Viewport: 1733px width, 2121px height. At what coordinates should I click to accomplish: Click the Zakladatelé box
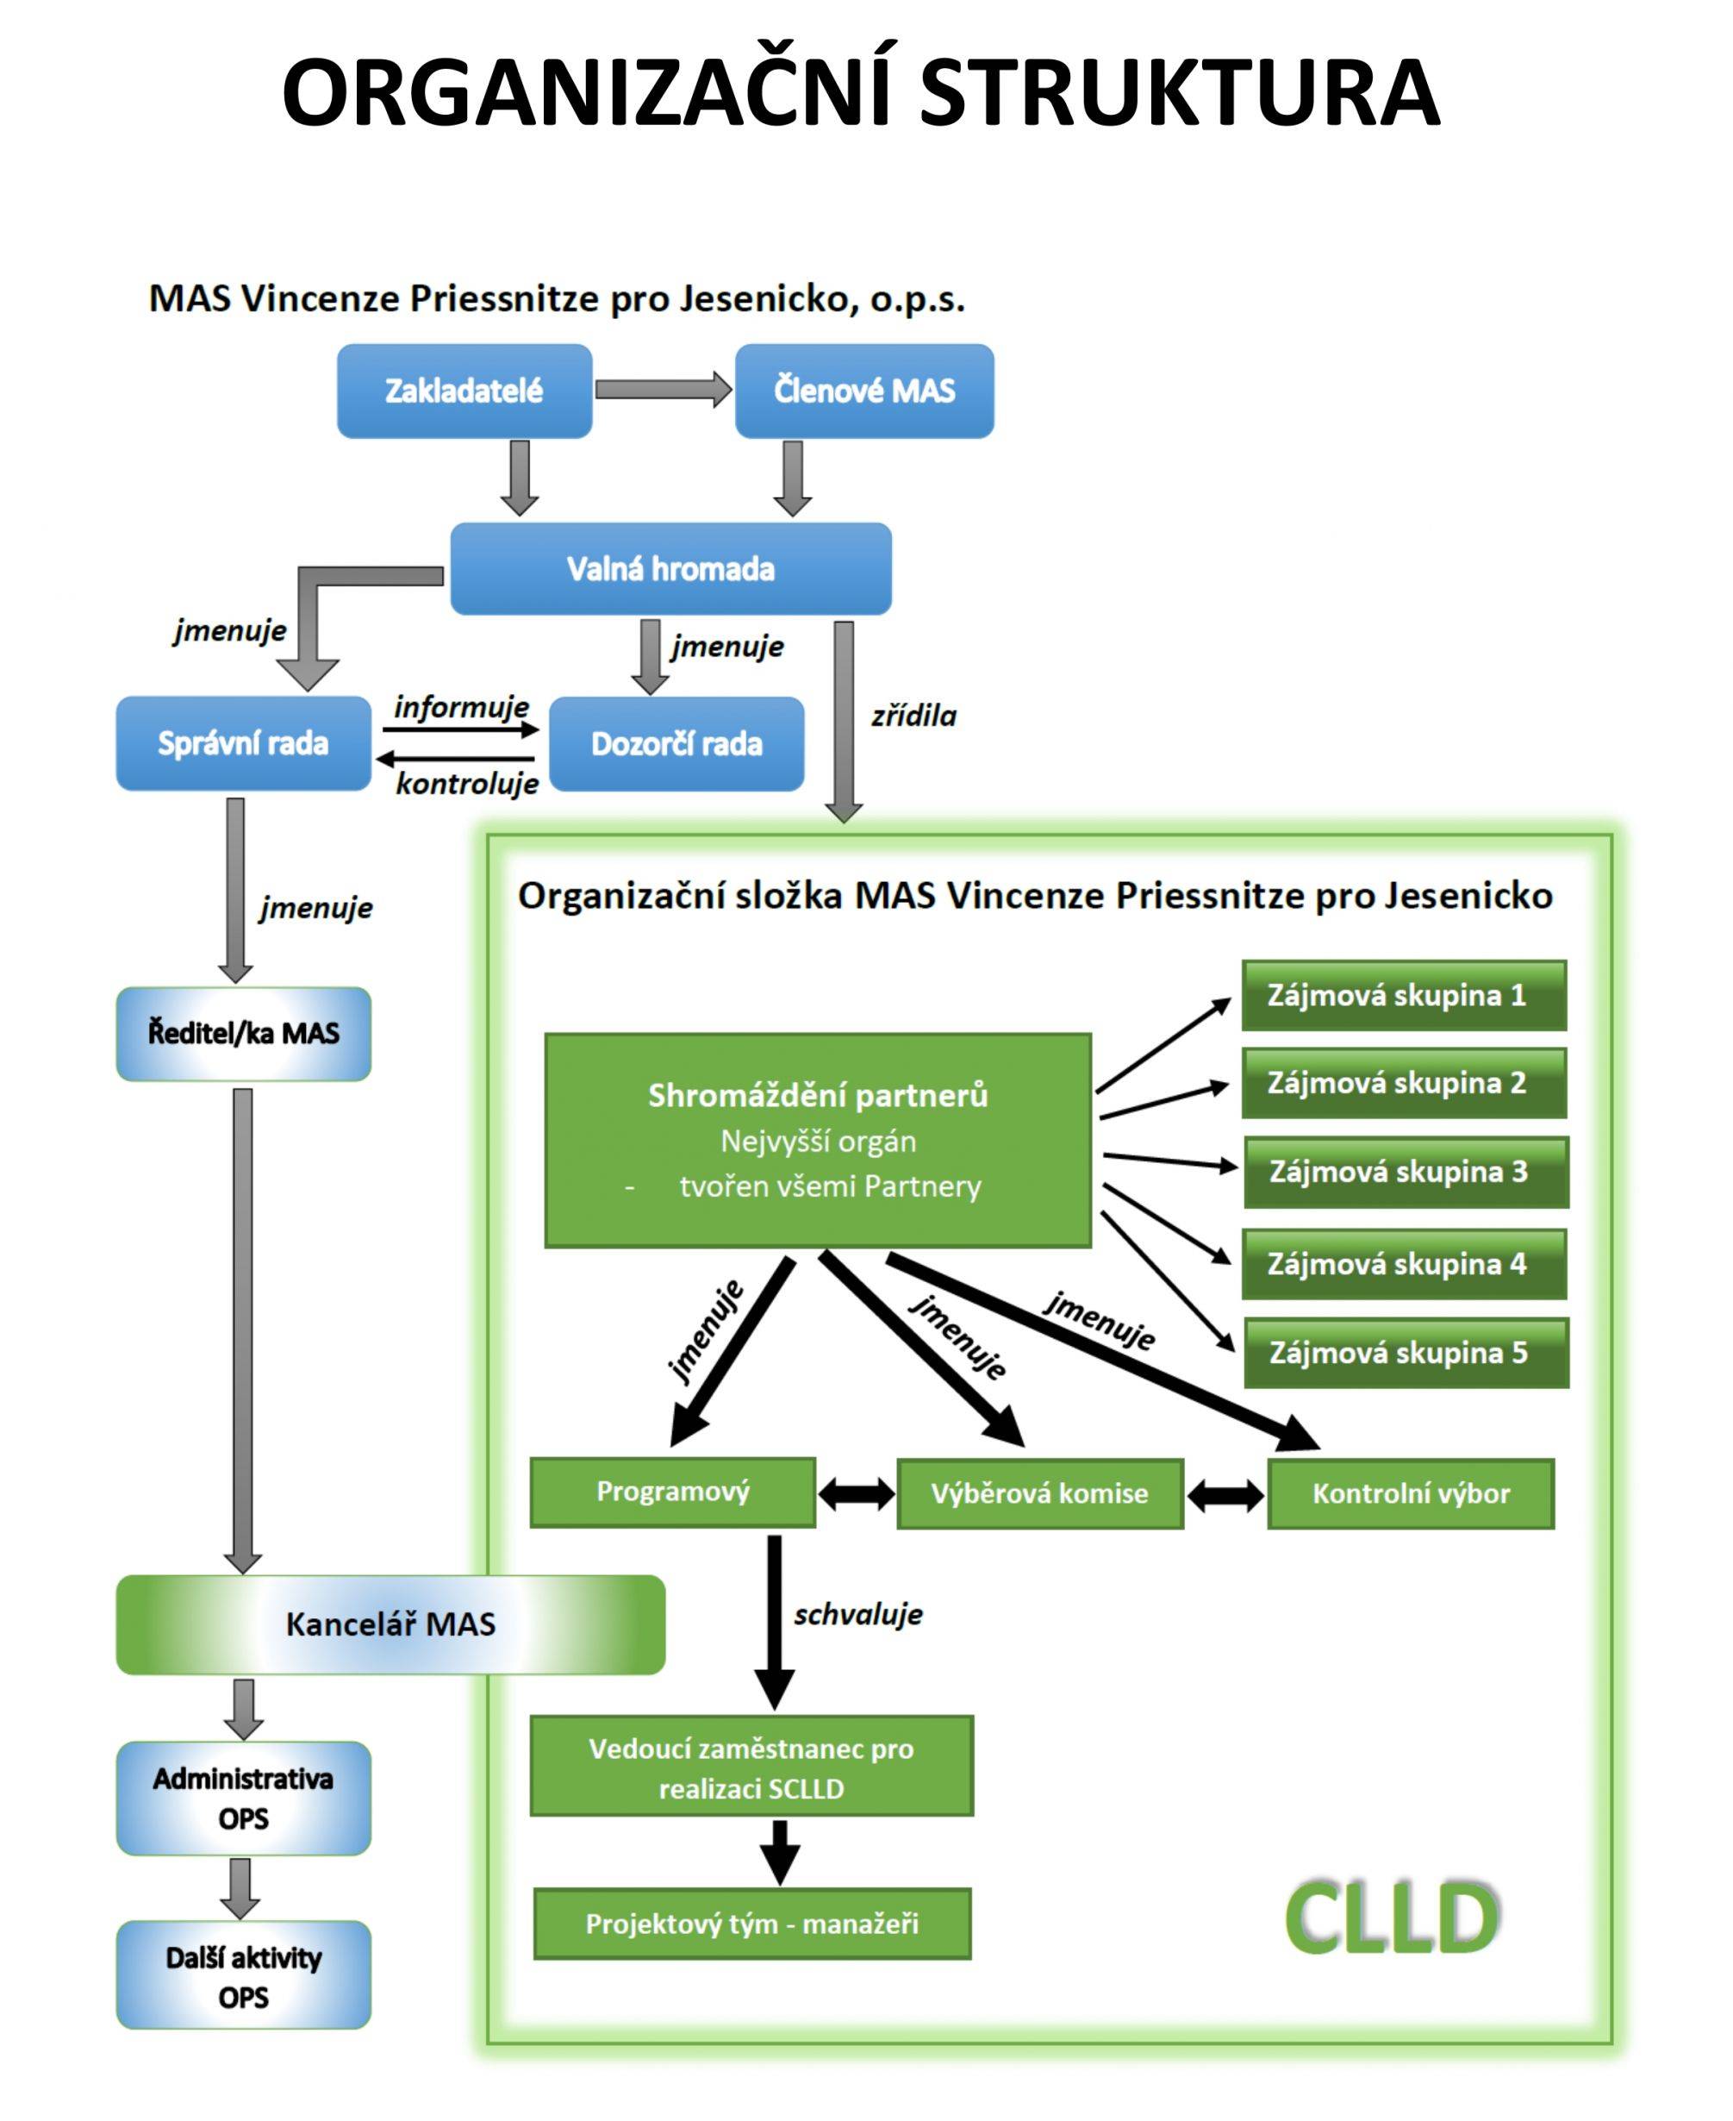pyautogui.click(x=464, y=391)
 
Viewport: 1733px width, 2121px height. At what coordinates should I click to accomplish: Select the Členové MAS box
pyautogui.click(x=864, y=391)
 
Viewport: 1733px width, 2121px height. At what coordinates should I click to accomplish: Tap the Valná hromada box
pyautogui.click(x=670, y=568)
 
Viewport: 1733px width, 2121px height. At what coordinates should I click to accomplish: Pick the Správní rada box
pyautogui.click(x=244, y=743)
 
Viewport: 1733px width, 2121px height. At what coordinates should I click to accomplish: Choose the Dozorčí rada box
pyautogui.click(x=676, y=744)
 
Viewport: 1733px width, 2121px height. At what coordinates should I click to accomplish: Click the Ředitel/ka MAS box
pyautogui.click(x=244, y=1034)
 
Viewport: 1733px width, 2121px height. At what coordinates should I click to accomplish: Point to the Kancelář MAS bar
pyautogui.click(x=390, y=1624)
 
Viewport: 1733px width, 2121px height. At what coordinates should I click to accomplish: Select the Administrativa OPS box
pyautogui.click(x=244, y=1799)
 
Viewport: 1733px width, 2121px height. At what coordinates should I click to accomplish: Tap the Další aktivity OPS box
pyautogui.click(x=244, y=1977)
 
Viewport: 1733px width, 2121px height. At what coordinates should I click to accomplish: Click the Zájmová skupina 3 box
pyautogui.click(x=1406, y=1172)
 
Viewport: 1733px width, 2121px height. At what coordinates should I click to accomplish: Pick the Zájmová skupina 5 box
pyautogui.click(x=1406, y=1353)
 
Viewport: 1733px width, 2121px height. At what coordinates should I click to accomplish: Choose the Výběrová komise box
pyautogui.click(x=1040, y=1494)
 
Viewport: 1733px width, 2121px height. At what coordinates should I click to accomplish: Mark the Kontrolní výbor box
pyautogui.click(x=1411, y=1494)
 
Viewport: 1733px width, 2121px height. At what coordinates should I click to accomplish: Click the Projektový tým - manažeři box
pyautogui.click(x=751, y=1924)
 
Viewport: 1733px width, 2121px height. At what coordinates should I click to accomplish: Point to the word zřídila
pyautogui.click(x=913, y=716)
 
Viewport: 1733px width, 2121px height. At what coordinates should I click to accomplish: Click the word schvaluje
pyautogui.click(x=858, y=1615)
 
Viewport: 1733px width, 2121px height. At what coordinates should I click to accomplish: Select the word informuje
pyautogui.click(x=461, y=707)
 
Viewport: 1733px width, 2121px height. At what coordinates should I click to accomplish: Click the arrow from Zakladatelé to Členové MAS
pyautogui.click(x=663, y=389)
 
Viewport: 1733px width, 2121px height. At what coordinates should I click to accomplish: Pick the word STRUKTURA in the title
pyautogui.click(x=1179, y=92)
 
